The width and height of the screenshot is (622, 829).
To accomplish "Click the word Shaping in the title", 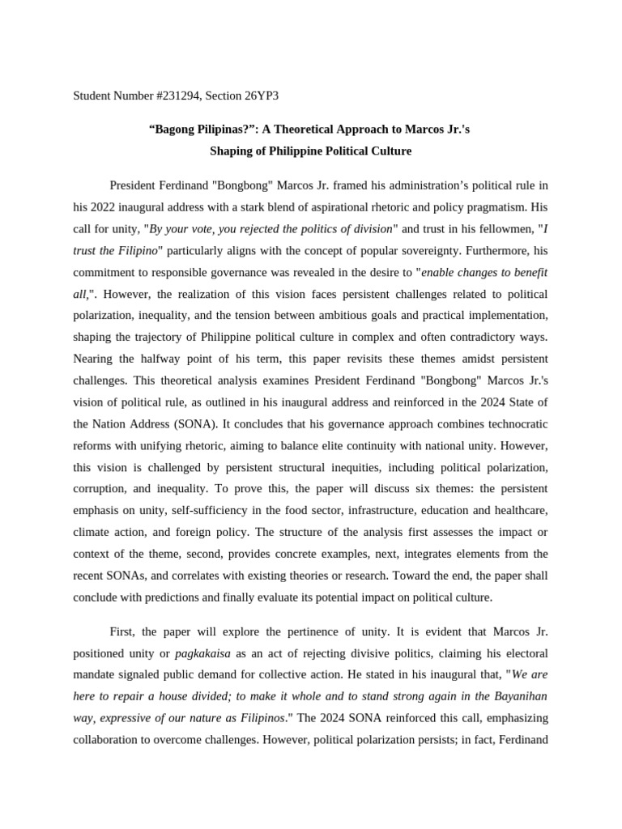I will tap(233, 151).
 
